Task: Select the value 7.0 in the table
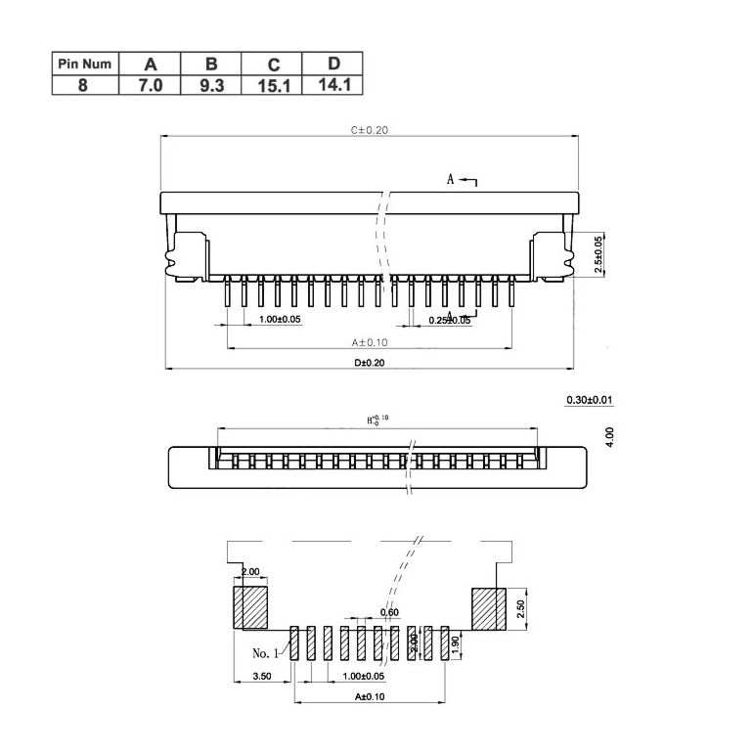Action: tap(150, 85)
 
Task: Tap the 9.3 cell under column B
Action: tap(211, 85)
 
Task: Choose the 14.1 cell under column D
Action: tap(334, 85)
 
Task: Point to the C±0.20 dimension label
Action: tap(370, 129)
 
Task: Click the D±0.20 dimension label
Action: tap(370, 362)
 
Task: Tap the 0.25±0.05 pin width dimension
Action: tap(449, 320)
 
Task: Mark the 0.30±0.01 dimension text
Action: tap(590, 400)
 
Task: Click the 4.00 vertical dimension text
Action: tap(609, 436)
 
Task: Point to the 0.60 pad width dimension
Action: tap(389, 613)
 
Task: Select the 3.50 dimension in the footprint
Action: tap(262, 676)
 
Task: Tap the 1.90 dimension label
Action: tap(456, 644)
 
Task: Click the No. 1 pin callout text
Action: tap(266, 652)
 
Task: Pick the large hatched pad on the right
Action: tap(487, 608)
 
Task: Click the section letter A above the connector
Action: tap(451, 180)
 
